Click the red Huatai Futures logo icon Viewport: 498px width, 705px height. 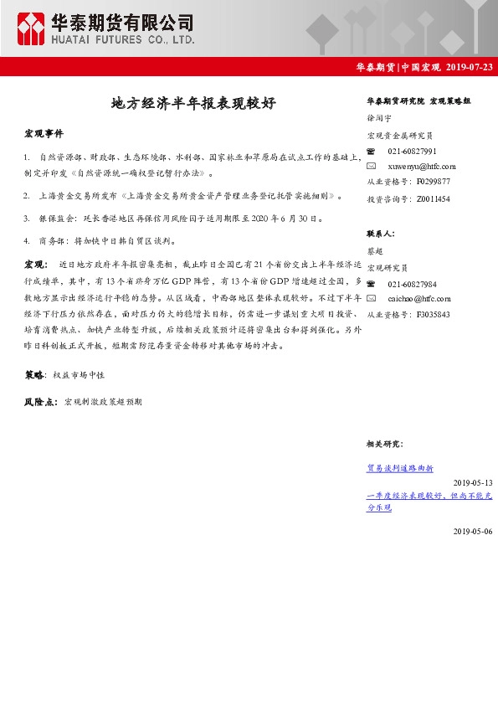click(32, 28)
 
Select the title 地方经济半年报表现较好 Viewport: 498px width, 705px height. click(193, 103)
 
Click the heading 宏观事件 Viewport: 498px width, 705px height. click(44, 134)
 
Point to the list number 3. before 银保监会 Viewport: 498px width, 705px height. click(28, 218)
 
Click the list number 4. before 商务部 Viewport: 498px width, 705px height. click(28, 240)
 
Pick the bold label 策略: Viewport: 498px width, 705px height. click(36, 375)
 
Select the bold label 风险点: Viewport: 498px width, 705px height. click(41, 403)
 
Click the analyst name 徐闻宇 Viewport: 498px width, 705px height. click(379, 120)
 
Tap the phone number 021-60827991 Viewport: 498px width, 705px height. click(412, 151)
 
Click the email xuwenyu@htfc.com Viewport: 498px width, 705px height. click(422, 167)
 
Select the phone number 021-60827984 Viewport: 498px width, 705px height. click(412, 284)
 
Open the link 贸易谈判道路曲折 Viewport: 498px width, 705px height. click(400, 468)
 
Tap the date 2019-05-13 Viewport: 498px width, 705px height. click(473, 483)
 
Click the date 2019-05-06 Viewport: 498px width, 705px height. click(473, 532)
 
